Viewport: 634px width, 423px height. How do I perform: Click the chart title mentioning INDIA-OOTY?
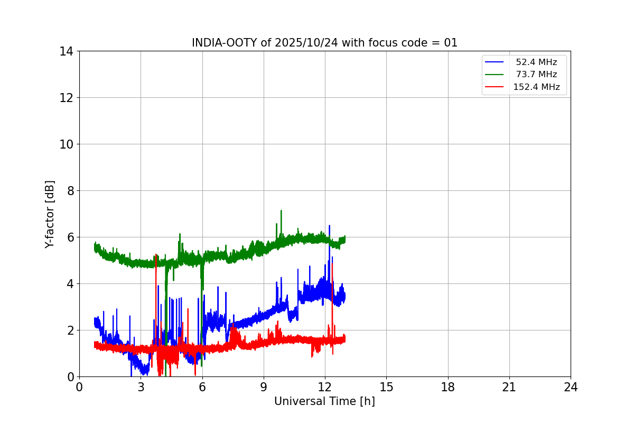(324, 43)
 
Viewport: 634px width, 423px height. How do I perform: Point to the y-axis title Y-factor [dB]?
(50, 214)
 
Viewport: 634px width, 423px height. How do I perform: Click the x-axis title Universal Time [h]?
(324, 401)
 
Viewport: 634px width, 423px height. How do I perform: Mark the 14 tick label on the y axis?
(66, 51)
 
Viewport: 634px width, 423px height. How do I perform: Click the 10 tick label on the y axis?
(66, 144)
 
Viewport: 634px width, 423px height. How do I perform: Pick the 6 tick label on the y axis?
(69, 237)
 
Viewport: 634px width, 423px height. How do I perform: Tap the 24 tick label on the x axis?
(571, 388)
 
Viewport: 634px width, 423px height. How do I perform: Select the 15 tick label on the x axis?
(386, 388)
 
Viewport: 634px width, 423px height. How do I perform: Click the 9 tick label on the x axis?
(264, 388)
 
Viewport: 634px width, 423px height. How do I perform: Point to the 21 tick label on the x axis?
(509, 388)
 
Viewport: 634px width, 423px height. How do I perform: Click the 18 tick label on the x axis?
(448, 388)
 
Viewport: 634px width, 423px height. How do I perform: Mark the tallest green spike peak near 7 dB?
(281, 210)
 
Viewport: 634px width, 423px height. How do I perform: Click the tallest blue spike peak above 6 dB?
(329, 226)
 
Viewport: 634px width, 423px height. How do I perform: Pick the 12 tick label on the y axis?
(66, 98)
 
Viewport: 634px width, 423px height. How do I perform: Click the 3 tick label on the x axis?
(141, 388)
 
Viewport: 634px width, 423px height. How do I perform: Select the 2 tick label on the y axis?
(69, 330)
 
